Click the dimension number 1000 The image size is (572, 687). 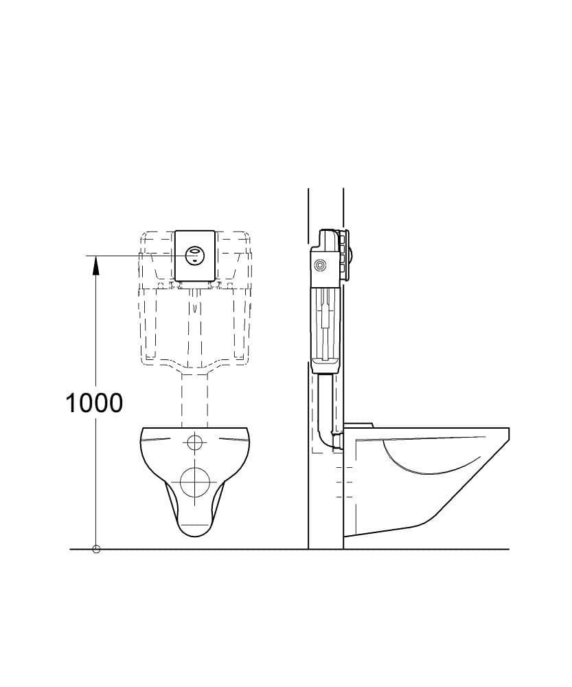coord(94,403)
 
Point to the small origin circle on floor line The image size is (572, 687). coord(96,549)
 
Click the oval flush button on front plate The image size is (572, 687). coord(194,255)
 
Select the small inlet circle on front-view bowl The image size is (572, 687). coord(194,442)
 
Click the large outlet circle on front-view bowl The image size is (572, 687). coord(195,482)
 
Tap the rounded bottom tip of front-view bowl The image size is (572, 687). coord(195,535)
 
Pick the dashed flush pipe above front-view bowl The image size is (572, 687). coord(194,401)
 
